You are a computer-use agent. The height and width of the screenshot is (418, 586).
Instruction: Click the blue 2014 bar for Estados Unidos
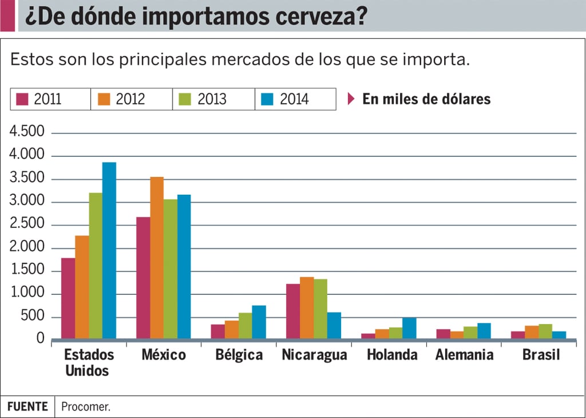[109, 250]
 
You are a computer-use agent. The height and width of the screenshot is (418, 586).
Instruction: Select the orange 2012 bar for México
[157, 258]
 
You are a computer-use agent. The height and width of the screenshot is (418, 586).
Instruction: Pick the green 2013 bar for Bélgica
[246, 325]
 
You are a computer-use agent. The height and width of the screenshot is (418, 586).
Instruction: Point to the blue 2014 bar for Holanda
[409, 328]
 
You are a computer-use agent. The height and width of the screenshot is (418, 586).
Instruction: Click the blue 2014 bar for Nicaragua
[334, 325]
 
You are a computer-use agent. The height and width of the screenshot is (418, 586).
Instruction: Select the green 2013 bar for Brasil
[545, 332]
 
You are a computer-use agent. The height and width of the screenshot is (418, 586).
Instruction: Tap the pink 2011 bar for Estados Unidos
[68, 298]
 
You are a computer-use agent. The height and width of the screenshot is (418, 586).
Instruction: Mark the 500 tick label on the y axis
[33, 317]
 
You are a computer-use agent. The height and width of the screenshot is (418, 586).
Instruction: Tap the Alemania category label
[464, 355]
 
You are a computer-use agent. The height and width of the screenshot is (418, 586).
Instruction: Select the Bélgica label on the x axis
[239, 355]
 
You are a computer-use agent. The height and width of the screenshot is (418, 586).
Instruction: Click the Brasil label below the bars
[541, 355]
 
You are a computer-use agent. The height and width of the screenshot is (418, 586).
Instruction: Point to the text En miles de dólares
[426, 99]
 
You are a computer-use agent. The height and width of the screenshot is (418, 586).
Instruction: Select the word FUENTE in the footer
[27, 407]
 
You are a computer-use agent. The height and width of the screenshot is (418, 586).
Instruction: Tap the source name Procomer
[85, 407]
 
